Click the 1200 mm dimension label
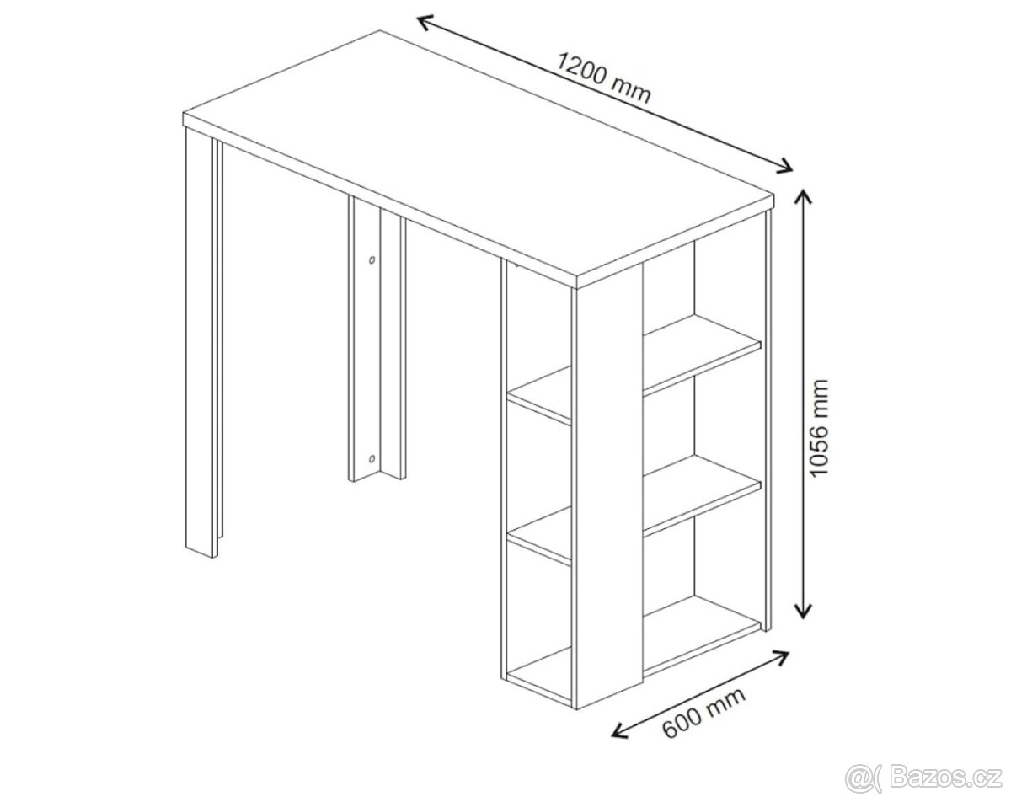click(604, 78)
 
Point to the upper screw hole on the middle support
click(372, 259)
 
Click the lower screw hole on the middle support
click(372, 457)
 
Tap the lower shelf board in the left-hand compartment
click(540, 536)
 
